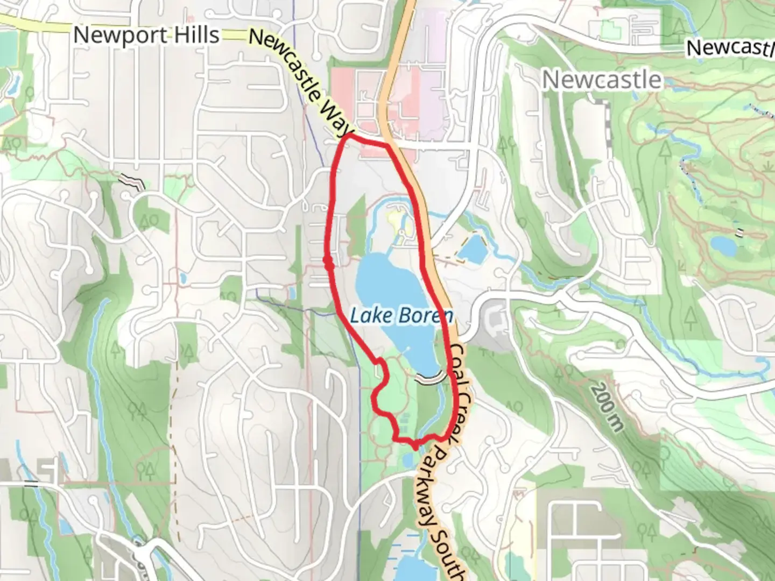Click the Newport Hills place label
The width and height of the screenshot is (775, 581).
(x=146, y=36)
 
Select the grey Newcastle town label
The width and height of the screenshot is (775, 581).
(x=602, y=80)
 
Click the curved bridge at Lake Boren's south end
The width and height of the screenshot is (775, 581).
(x=430, y=379)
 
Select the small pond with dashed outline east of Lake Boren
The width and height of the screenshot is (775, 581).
(x=473, y=247)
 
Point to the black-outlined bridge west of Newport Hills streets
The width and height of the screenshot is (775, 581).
(x=133, y=181)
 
